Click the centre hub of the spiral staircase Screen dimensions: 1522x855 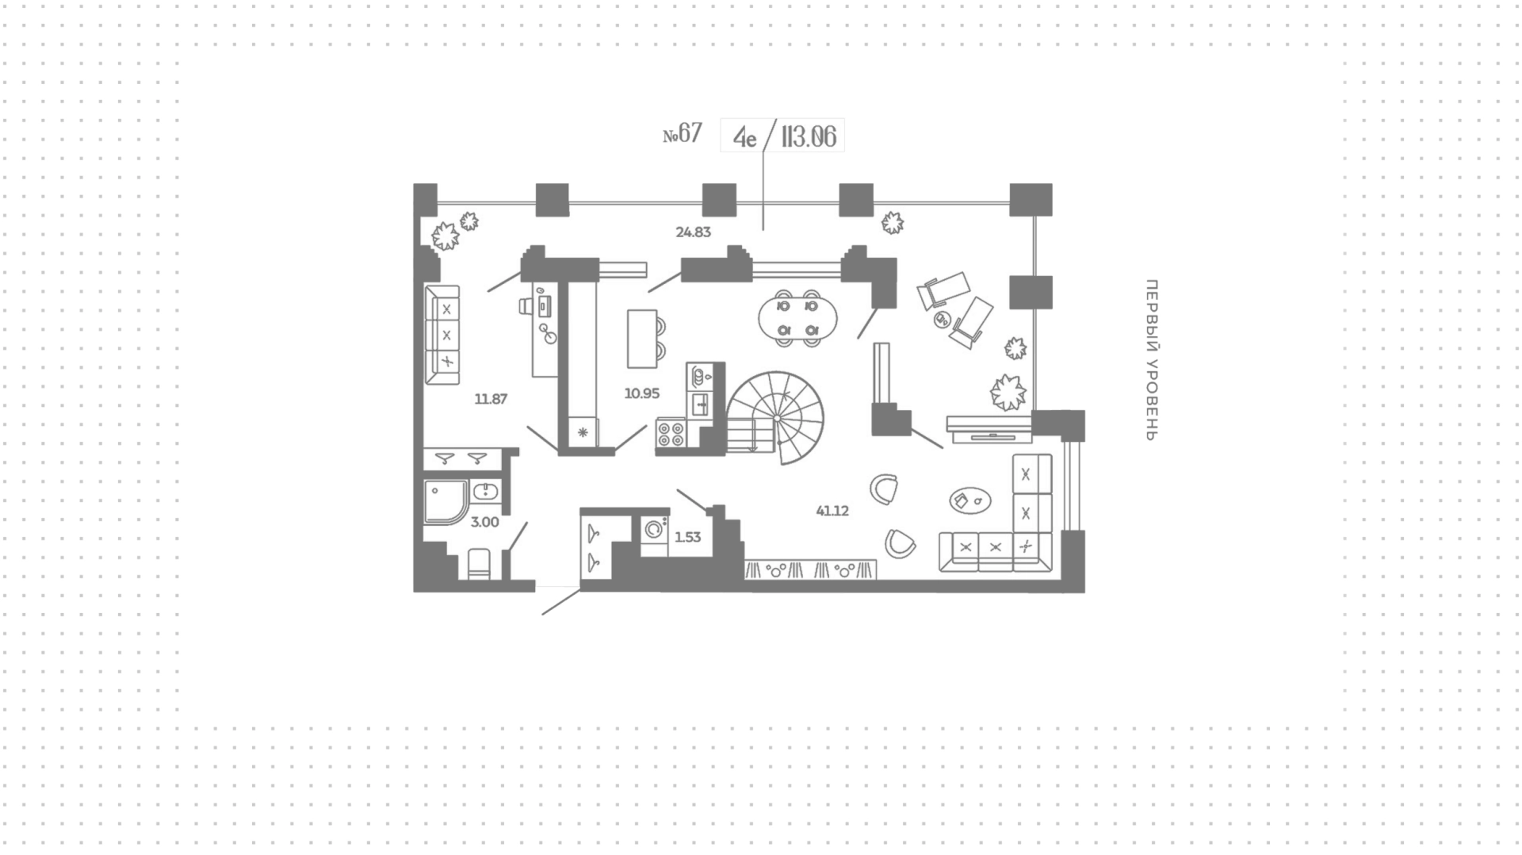click(x=777, y=418)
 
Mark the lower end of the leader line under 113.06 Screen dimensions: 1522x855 click(x=763, y=230)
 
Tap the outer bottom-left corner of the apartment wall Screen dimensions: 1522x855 click(x=414, y=592)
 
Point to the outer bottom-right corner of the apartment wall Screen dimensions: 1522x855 click(x=1084, y=592)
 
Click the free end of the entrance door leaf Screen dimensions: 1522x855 click(x=543, y=614)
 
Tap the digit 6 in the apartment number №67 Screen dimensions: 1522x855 click(x=685, y=133)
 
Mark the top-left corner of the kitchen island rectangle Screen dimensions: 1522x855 click(x=628, y=309)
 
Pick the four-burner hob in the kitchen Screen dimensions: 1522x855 click(x=671, y=435)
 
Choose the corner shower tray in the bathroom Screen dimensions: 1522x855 click(x=446, y=501)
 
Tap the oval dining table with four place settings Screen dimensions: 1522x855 click(x=797, y=318)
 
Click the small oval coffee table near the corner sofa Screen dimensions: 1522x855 click(x=970, y=500)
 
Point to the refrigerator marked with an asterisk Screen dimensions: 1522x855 click(x=583, y=433)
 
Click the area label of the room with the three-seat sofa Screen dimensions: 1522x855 click(x=491, y=399)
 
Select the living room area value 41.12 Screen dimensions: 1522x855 click(x=832, y=511)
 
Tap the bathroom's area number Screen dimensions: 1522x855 click(x=485, y=522)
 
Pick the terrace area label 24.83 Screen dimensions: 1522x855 click(x=693, y=232)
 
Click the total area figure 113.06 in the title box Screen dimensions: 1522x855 click(x=809, y=136)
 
